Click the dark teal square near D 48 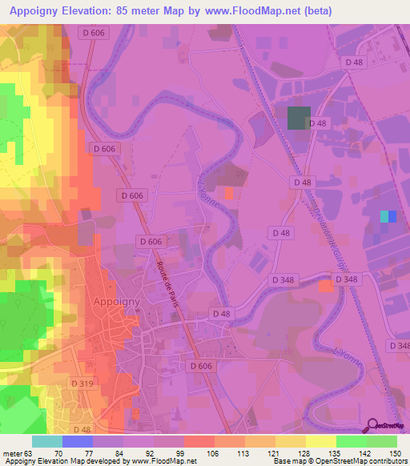298,118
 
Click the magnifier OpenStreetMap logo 373,426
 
